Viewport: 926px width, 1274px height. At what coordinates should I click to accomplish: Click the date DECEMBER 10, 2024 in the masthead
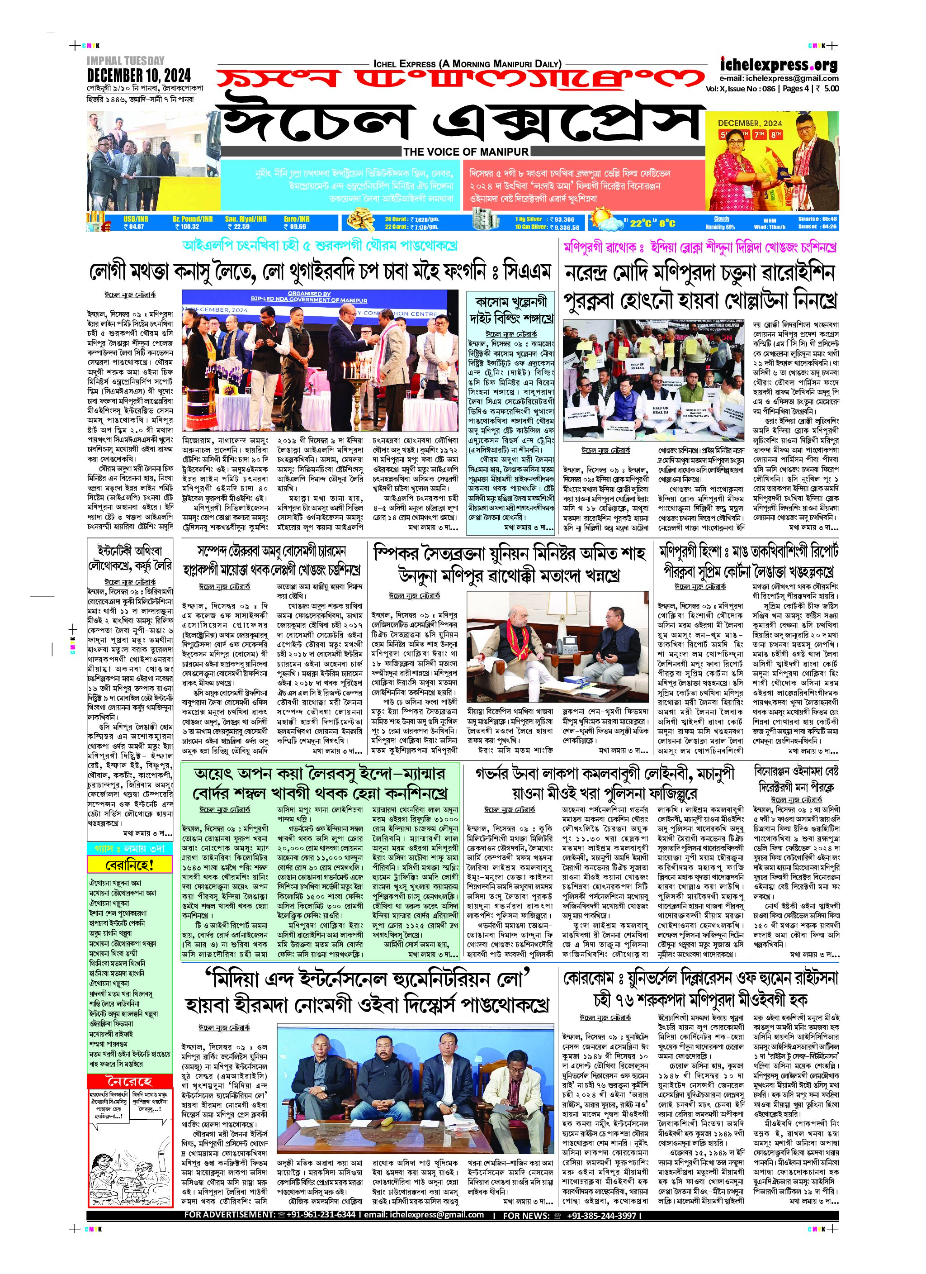point(139,75)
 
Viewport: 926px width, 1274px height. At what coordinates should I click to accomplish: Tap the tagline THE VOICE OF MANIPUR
point(466,151)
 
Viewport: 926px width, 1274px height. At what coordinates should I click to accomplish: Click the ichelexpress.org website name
point(779,65)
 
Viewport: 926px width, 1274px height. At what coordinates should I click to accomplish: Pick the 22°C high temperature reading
point(643,223)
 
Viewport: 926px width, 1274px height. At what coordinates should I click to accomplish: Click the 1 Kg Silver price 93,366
point(562,219)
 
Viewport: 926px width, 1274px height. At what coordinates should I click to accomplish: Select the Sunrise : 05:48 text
point(817,219)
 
